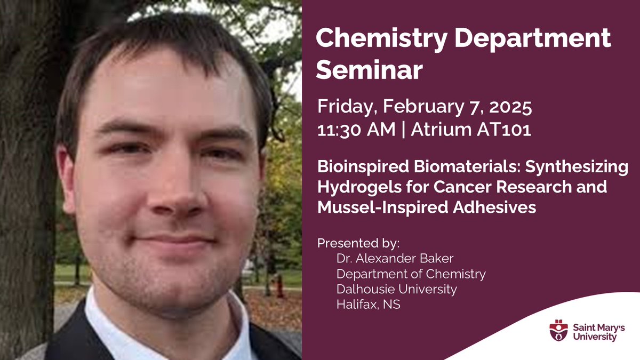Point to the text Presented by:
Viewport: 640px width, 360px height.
point(358,243)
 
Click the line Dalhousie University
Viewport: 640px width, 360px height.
point(396,290)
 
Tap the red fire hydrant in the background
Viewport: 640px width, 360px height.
point(279,285)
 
